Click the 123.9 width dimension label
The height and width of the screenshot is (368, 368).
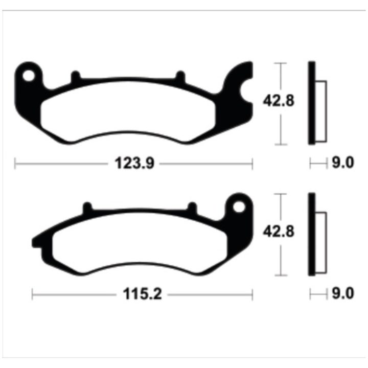[x=135, y=163]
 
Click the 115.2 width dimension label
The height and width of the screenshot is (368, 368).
[x=143, y=294]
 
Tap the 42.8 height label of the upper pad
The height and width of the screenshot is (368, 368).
[x=279, y=101]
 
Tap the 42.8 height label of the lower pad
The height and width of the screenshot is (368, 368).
[x=279, y=232]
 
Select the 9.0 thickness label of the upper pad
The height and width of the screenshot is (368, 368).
[x=343, y=163]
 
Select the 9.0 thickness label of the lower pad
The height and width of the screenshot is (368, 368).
[x=343, y=293]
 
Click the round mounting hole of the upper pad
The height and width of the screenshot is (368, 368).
[x=29, y=76]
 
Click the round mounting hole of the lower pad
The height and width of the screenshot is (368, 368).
[x=239, y=207]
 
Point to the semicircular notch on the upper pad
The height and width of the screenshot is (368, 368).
[x=246, y=91]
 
